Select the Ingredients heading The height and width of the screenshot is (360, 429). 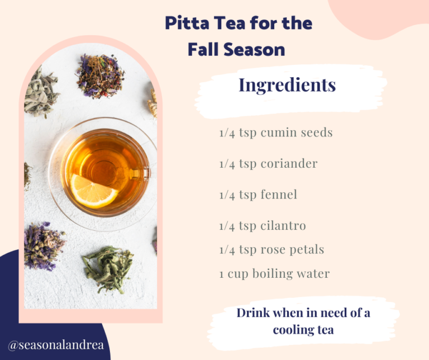point(287,85)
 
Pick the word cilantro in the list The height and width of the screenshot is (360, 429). point(283,226)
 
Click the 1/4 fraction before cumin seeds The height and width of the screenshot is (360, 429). point(227,133)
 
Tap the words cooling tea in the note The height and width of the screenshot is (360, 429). point(303,330)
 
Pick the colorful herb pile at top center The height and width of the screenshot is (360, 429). point(100,75)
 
